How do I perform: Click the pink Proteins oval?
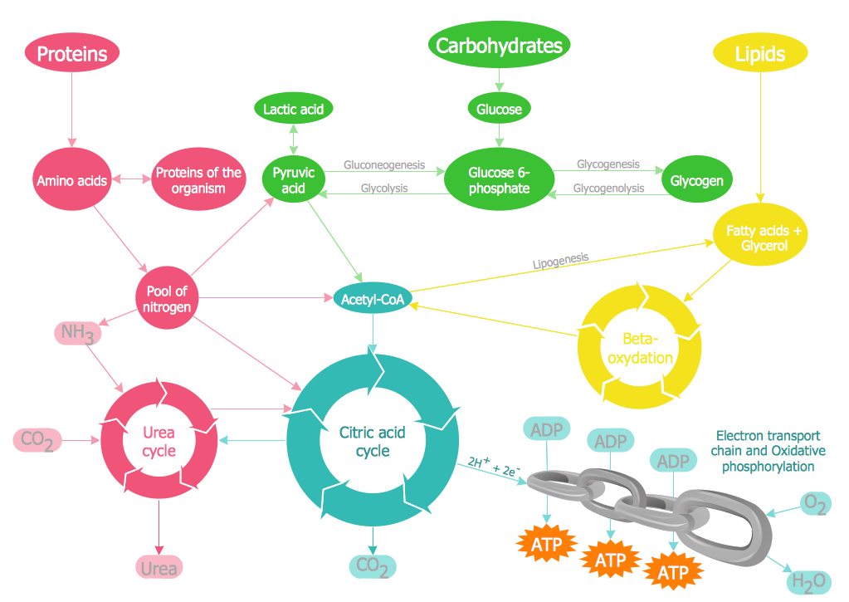click(72, 54)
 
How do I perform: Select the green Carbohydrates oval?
click(499, 46)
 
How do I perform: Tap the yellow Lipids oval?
click(760, 54)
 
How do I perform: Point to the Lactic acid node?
click(292, 109)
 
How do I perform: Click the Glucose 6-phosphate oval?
click(499, 180)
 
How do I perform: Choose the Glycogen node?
click(696, 180)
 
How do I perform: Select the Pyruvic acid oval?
click(294, 180)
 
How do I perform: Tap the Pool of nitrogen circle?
click(167, 299)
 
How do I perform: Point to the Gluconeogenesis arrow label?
click(384, 165)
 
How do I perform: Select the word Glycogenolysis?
click(608, 188)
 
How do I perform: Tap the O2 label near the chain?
click(814, 503)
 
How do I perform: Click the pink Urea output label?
click(159, 568)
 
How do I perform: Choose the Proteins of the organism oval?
click(199, 180)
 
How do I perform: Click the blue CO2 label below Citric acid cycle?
click(372, 567)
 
